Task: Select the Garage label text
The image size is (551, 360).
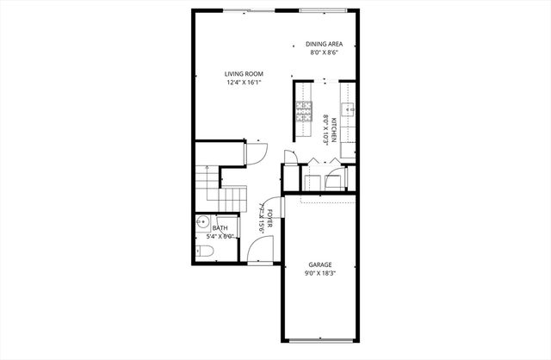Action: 321,264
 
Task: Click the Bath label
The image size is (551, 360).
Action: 208,228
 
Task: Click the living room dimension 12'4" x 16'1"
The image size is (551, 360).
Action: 244,84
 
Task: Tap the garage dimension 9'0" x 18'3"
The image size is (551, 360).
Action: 321,273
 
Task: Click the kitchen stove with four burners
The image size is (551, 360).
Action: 304,110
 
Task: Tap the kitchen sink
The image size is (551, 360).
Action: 349,109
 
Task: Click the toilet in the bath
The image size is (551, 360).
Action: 202,251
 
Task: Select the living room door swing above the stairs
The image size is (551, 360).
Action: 257,152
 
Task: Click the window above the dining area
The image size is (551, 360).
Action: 326,10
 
